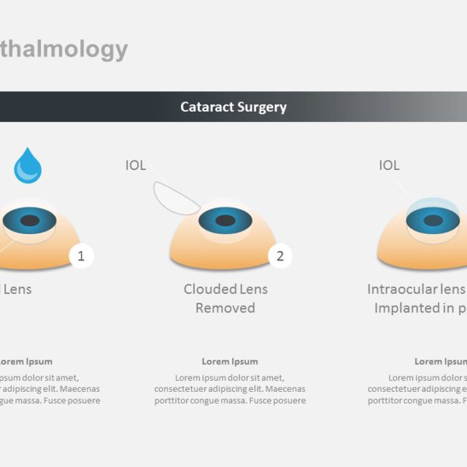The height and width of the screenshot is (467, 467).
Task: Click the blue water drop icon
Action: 28,166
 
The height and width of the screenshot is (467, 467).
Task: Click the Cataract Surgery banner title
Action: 233,107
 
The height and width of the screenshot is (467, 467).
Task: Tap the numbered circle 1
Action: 81,255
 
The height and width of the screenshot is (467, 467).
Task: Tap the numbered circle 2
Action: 279,255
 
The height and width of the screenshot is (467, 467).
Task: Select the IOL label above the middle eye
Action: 136,166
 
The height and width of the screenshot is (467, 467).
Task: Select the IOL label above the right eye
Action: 389,166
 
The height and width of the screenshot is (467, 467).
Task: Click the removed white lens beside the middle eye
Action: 175,198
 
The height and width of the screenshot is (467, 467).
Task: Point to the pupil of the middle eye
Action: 225,220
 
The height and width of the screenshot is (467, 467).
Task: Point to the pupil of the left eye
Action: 29,220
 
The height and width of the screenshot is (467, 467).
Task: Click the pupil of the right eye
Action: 433,220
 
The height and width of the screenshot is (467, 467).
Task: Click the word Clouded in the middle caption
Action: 207,289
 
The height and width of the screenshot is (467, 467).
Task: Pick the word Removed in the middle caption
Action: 225,308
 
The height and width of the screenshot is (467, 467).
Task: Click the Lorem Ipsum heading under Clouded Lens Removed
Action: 230,361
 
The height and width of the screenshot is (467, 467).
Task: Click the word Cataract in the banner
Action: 207,107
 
